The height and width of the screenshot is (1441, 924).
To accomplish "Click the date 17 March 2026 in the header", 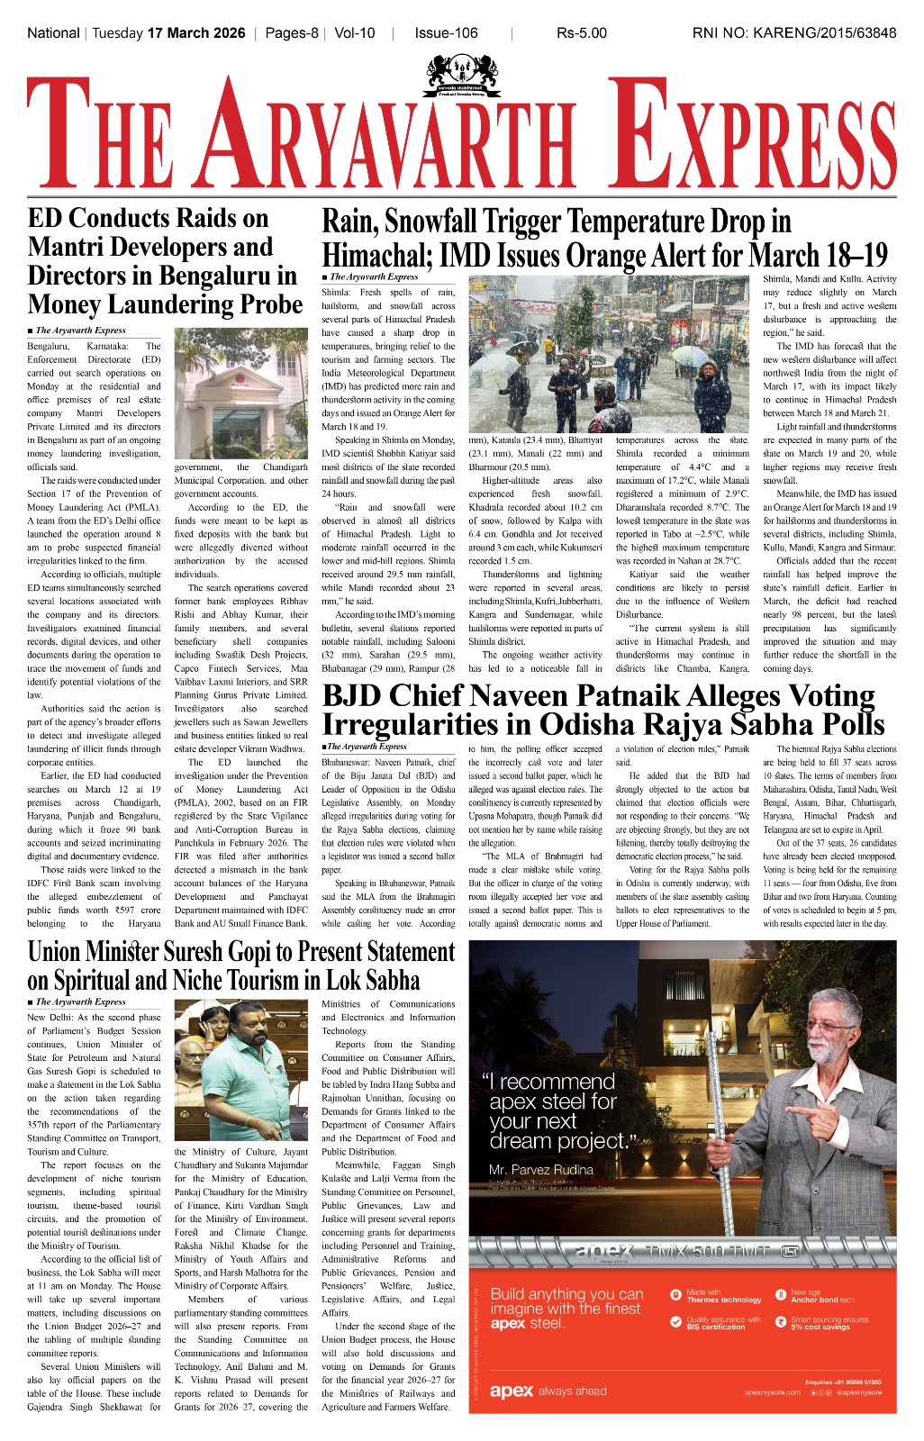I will click(x=196, y=33).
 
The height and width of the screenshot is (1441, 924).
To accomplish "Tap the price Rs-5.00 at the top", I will click(x=581, y=33).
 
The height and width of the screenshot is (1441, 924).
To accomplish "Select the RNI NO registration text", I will click(x=793, y=33).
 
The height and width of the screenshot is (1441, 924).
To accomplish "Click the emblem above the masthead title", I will click(x=461, y=77).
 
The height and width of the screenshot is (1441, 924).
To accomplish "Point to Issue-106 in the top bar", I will click(x=446, y=33).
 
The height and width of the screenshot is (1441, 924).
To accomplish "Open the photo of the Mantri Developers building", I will click(x=240, y=394).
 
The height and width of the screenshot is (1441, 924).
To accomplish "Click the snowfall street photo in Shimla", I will click(x=609, y=354).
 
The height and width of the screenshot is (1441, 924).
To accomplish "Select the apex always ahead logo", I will click(x=548, y=1391).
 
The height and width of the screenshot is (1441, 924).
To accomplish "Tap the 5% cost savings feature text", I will click(x=820, y=1327).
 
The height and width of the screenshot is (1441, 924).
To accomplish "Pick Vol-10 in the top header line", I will click(x=354, y=33).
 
